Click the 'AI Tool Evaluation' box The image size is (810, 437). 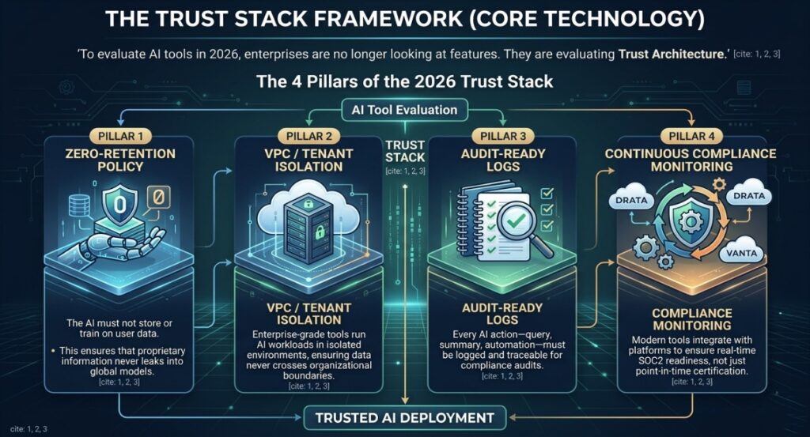404,110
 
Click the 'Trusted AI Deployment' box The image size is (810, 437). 404,416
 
